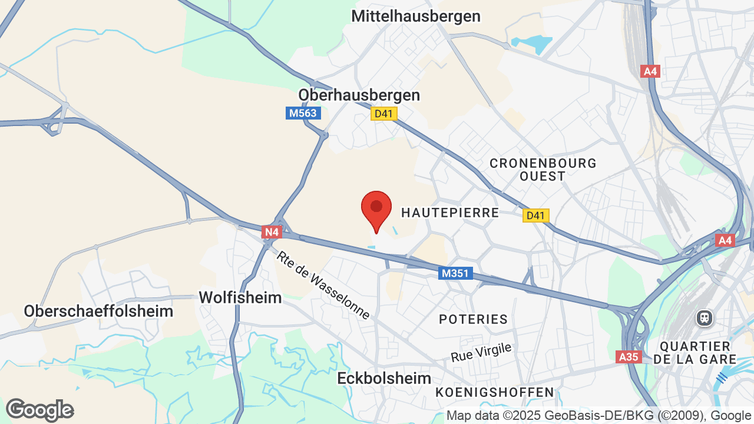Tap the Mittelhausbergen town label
[416, 16]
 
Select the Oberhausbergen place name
[359, 95]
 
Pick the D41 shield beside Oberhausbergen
[383, 114]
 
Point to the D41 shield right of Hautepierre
[535, 216]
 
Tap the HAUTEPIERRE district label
[449, 213]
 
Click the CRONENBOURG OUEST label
[543, 169]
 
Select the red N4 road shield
[271, 232]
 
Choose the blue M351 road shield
[455, 273]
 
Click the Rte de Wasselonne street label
[323, 286]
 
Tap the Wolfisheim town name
[240, 297]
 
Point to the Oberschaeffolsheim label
[98, 311]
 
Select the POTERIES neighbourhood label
[473, 319]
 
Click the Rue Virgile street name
[481, 353]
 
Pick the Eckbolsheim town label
[384, 378]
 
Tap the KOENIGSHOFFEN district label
[495, 392]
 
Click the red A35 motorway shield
[629, 357]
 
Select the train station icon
[704, 319]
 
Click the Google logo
[40, 410]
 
